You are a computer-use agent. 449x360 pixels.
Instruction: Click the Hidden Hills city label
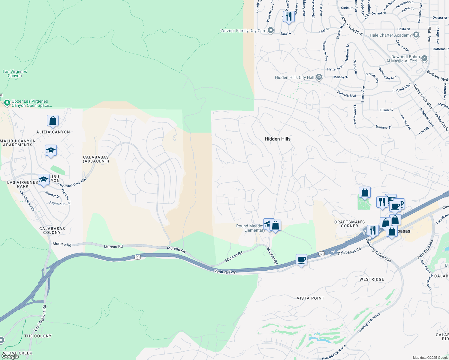pos(277,139)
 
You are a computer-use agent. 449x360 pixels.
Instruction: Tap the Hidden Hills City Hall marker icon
pos(319,77)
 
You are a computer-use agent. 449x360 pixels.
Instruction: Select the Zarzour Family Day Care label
pos(243,31)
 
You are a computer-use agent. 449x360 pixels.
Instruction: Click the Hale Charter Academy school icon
pos(416,35)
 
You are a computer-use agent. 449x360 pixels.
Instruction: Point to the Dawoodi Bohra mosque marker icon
pos(424,58)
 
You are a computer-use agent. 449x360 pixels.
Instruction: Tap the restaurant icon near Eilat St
pos(288,16)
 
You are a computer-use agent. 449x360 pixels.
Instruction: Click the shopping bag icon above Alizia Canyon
pos(53,121)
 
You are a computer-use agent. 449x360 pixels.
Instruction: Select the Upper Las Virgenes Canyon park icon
pos(7,103)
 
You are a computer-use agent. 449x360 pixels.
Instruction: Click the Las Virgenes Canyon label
pos(15,73)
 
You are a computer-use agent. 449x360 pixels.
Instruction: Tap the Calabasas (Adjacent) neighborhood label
pos(96,159)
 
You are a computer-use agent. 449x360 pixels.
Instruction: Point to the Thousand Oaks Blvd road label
pos(72,182)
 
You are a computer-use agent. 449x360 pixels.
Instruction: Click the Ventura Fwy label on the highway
pos(225,271)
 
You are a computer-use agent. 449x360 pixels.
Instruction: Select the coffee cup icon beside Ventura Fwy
pos(301,259)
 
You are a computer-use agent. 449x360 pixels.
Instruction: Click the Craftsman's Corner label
pos(349,224)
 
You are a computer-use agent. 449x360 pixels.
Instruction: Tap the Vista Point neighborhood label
pos(310,298)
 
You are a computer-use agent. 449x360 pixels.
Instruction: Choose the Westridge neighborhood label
pos(372,279)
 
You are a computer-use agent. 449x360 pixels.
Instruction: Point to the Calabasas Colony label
pos(52,230)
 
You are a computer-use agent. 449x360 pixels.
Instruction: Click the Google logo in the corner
pos(10,356)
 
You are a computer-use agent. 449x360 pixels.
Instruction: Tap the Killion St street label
pos(386,110)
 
